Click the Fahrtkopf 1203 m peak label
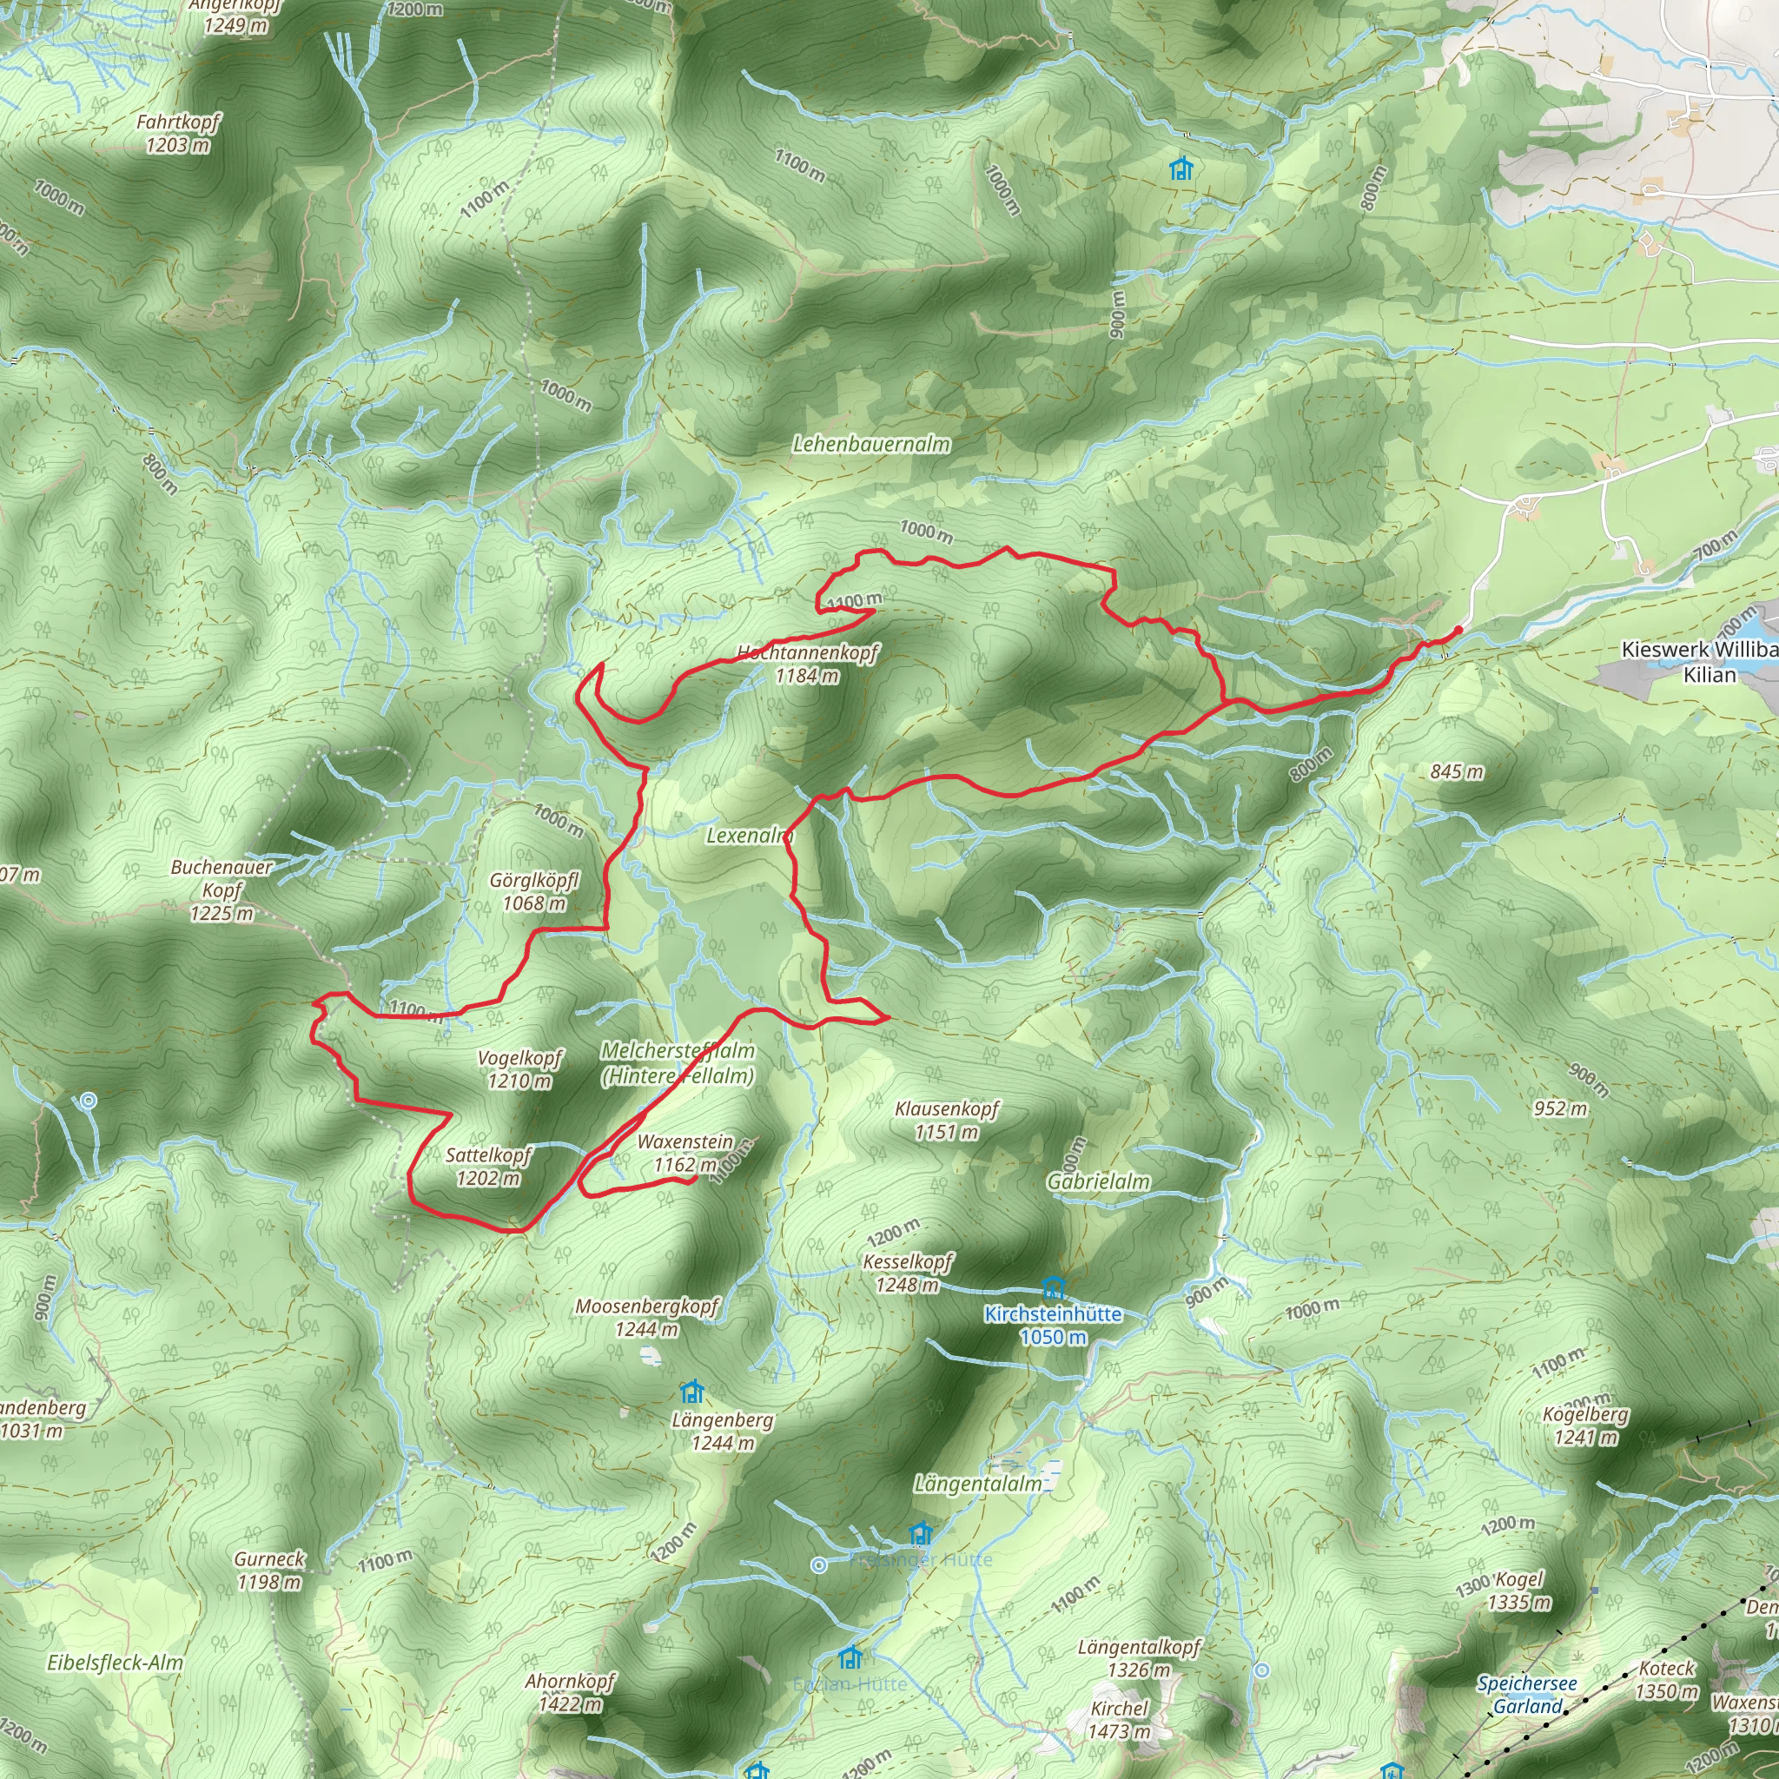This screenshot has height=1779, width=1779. tap(178, 134)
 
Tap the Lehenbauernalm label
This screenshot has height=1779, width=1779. tap(871, 444)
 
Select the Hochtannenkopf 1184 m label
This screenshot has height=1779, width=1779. tap(808, 664)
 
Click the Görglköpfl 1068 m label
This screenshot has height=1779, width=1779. tap(534, 891)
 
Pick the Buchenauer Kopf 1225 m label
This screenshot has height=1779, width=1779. tap(222, 890)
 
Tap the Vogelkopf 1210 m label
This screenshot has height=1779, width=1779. tap(519, 1069)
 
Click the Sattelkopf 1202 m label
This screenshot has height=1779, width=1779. tap(488, 1167)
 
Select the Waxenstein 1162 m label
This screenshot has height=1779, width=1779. tap(685, 1153)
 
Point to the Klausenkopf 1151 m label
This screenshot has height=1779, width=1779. tap(947, 1120)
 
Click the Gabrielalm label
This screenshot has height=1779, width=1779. tap(1099, 1181)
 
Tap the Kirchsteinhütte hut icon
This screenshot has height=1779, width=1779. tap(1054, 1287)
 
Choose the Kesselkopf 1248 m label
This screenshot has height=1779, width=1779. tap(908, 1273)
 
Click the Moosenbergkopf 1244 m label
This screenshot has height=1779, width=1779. tap(646, 1318)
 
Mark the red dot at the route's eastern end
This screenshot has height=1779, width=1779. tap(1458, 631)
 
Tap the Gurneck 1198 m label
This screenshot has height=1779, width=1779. tap(269, 1570)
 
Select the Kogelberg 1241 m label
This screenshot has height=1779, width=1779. tap(1585, 1425)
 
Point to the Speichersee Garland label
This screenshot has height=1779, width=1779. tap(1528, 1694)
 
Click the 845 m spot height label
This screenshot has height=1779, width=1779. tap(1457, 771)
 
